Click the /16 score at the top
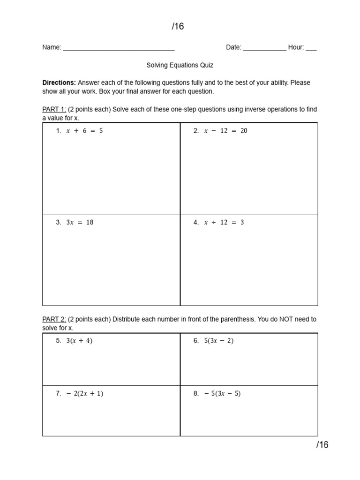(178, 26)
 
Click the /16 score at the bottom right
(322, 445)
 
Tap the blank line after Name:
(119, 48)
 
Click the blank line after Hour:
(311, 48)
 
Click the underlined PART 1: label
(54, 109)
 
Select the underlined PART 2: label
(54, 319)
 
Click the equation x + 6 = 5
(84, 131)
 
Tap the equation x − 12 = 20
(225, 131)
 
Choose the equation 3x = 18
(80, 222)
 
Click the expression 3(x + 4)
(79, 341)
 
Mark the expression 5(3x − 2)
(218, 341)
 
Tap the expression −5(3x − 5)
(222, 394)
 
